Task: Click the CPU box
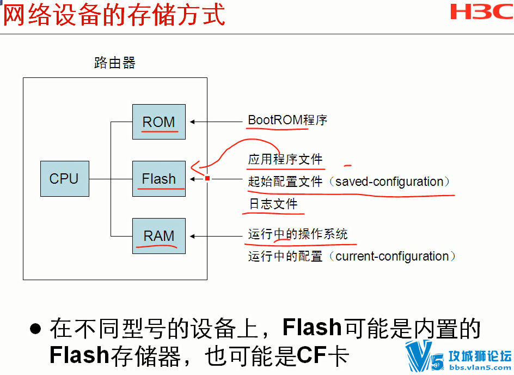click(x=65, y=179)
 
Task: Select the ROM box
click(x=159, y=122)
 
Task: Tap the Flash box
click(x=159, y=179)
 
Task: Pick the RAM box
click(x=159, y=236)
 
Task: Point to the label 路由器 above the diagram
click(x=115, y=63)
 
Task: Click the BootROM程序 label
click(x=287, y=120)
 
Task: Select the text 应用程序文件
click(x=285, y=160)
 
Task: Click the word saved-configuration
click(x=389, y=182)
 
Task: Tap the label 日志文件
click(x=273, y=204)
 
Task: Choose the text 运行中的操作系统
click(x=298, y=234)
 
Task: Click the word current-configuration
click(x=392, y=256)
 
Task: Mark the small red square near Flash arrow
click(x=207, y=178)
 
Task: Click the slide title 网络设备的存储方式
click(x=114, y=15)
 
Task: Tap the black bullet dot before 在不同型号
click(x=35, y=329)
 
